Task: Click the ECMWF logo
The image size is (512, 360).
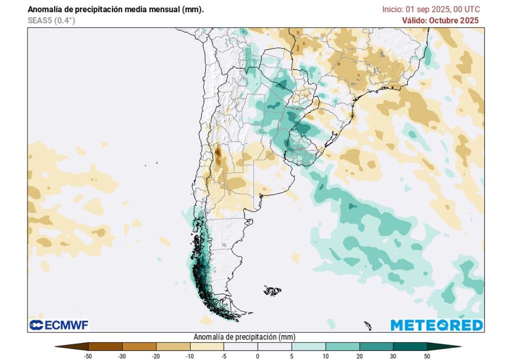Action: coord(59,325)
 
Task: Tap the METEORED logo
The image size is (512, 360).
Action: coord(436,325)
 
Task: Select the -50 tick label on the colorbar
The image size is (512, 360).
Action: coord(88,356)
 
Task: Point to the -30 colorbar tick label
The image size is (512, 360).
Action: coord(122,356)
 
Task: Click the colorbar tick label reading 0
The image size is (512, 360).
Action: coord(257,356)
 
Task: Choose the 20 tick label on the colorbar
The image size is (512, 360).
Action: coord(359,356)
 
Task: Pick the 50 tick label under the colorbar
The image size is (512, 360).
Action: coord(427,356)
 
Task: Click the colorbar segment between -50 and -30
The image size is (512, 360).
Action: coord(105,346)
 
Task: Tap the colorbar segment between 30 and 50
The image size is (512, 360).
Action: coord(410,346)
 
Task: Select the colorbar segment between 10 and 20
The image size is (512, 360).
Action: coord(342,346)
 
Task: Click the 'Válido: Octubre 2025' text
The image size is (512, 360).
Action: coord(440,20)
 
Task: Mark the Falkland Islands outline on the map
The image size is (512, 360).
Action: coord(272,290)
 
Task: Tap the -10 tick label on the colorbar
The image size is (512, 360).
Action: coord(190,356)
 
